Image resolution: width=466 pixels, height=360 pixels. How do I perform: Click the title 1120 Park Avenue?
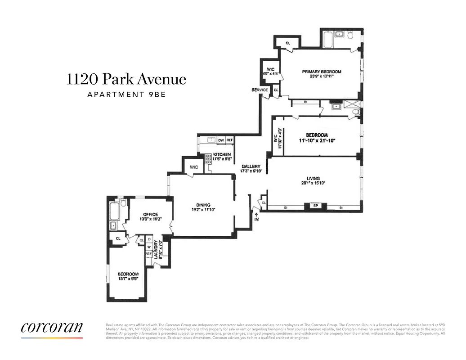(126, 79)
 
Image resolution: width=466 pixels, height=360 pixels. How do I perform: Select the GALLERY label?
(251, 166)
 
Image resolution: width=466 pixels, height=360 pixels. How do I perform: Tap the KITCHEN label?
(222, 154)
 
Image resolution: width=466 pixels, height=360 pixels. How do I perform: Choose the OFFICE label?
(150, 214)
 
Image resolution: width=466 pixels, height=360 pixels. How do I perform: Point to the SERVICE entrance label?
(260, 90)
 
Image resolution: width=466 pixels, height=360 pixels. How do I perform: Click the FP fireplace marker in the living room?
(315, 207)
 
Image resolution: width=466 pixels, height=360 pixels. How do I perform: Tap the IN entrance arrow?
(256, 217)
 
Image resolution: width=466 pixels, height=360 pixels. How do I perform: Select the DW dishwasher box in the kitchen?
(221, 140)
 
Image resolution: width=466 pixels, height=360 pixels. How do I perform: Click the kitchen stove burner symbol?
(208, 159)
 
